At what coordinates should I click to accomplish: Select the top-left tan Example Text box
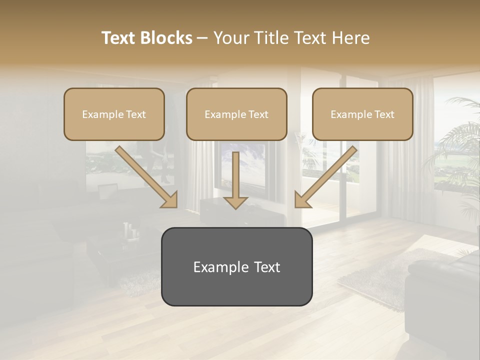coord(114,114)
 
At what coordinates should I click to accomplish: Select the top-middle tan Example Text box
coord(236,114)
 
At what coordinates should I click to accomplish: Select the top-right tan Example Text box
coord(362,114)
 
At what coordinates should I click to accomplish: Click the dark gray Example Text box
coord(236,266)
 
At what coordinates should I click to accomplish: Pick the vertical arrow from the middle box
coord(236,177)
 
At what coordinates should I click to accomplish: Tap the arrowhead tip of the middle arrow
coord(236,207)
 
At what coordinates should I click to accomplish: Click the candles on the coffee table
coord(131,231)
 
